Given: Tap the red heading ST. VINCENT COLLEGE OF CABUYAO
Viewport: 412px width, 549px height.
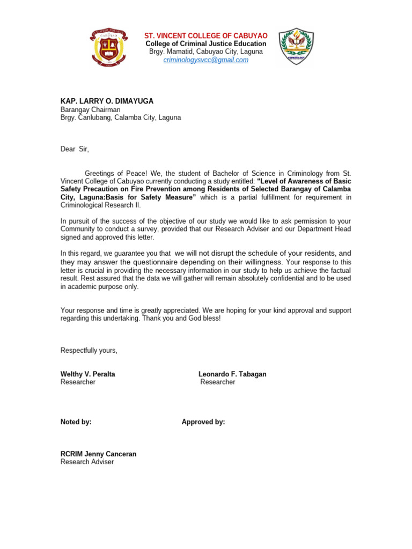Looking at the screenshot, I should click(206, 35).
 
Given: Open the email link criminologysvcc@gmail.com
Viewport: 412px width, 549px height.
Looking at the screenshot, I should click(206, 60).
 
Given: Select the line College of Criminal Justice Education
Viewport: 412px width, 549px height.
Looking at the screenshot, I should click(206, 43).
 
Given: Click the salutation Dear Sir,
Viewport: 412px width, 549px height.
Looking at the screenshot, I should click(75, 150).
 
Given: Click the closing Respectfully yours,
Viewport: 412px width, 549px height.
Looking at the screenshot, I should click(89, 350).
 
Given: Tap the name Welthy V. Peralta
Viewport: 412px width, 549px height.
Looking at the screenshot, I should click(88, 374).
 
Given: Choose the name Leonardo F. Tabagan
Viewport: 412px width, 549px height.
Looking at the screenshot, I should click(232, 374).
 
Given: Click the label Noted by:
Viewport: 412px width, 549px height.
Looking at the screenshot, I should click(76, 422).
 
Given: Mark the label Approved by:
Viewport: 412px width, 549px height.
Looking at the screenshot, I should click(203, 422).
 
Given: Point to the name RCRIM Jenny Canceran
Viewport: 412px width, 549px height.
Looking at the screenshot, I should click(98, 454).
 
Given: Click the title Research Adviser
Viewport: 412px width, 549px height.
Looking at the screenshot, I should click(87, 462).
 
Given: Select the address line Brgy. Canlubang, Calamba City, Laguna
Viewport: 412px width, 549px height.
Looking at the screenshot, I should click(121, 117).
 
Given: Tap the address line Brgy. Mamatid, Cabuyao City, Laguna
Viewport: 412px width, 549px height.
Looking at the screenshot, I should click(206, 51).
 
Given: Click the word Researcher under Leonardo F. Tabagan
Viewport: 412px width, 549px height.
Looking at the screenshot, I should click(218, 382).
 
